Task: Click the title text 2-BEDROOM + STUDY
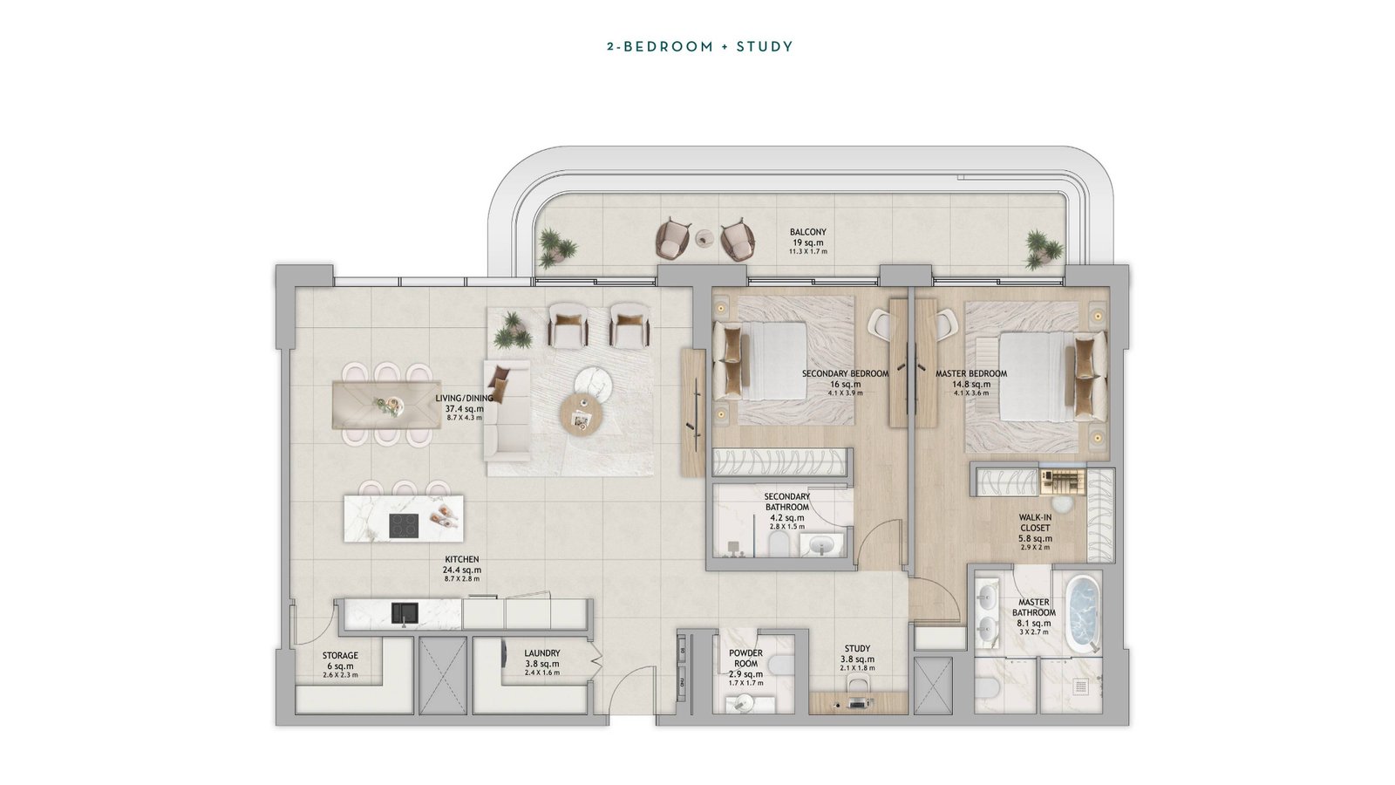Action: click(700, 47)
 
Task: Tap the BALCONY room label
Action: click(807, 232)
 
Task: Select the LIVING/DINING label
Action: click(464, 398)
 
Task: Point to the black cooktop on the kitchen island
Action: click(405, 526)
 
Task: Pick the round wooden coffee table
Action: click(581, 417)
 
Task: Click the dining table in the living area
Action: click(387, 405)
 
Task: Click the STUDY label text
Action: click(858, 649)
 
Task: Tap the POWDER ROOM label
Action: click(746, 659)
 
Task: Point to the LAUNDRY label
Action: click(541, 653)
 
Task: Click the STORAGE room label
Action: click(340, 655)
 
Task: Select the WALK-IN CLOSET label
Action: click(1035, 522)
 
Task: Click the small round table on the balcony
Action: click(705, 237)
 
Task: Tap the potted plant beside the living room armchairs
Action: click(513, 331)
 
